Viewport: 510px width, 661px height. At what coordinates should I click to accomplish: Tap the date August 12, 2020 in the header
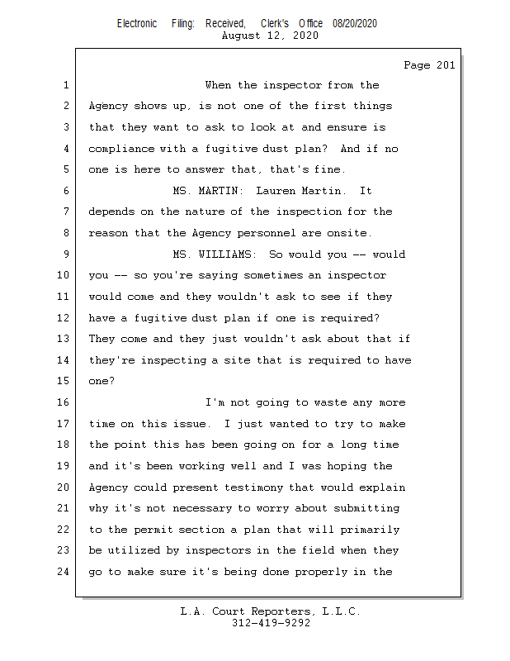(x=270, y=36)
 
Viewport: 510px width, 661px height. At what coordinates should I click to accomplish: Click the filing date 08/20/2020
(x=355, y=24)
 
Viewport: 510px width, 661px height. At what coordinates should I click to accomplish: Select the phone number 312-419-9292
(x=271, y=623)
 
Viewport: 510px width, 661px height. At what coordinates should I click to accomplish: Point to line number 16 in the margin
(x=66, y=402)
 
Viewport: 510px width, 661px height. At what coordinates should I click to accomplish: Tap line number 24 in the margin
(x=66, y=572)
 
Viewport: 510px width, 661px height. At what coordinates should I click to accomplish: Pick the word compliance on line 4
(x=121, y=149)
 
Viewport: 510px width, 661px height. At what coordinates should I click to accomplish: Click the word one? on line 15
(x=102, y=382)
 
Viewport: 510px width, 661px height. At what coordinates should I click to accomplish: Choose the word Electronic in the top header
(x=137, y=24)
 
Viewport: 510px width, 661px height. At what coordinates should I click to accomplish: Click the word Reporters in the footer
(x=281, y=611)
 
